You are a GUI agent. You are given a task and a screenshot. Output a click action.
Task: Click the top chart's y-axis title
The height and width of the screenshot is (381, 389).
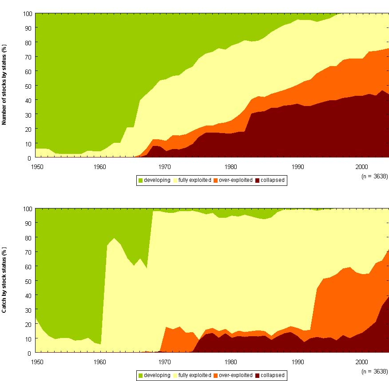coord(4,84)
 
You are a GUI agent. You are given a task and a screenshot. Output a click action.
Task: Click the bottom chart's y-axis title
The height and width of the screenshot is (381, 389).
coord(4,279)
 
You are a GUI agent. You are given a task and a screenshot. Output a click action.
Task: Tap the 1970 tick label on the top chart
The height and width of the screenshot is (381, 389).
coord(165,166)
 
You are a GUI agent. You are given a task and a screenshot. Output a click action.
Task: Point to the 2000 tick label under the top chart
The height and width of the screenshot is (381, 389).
coord(362,166)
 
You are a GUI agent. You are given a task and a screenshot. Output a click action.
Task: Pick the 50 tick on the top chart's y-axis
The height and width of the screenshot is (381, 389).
coord(28,86)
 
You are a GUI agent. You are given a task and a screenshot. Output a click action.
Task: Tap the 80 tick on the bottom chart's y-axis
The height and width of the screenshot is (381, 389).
coord(28,237)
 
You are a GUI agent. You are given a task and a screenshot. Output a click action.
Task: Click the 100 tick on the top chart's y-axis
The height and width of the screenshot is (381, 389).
coord(26,14)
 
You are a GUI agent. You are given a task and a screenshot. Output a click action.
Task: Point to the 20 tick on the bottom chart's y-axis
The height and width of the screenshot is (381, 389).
coord(28,324)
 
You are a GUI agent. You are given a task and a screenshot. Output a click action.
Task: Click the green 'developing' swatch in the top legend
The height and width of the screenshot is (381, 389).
coord(140,181)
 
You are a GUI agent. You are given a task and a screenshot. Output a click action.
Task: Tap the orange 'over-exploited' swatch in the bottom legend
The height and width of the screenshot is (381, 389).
coord(215,375)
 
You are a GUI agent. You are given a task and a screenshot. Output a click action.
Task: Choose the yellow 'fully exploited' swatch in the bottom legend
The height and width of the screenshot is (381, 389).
coord(175,375)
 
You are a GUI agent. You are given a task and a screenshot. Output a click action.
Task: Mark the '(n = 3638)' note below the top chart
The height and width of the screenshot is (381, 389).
coord(375,176)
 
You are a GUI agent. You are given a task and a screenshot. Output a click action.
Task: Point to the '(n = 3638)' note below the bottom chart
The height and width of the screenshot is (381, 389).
coord(375,371)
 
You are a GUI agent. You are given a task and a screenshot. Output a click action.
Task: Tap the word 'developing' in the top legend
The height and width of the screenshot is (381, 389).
coord(157,181)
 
